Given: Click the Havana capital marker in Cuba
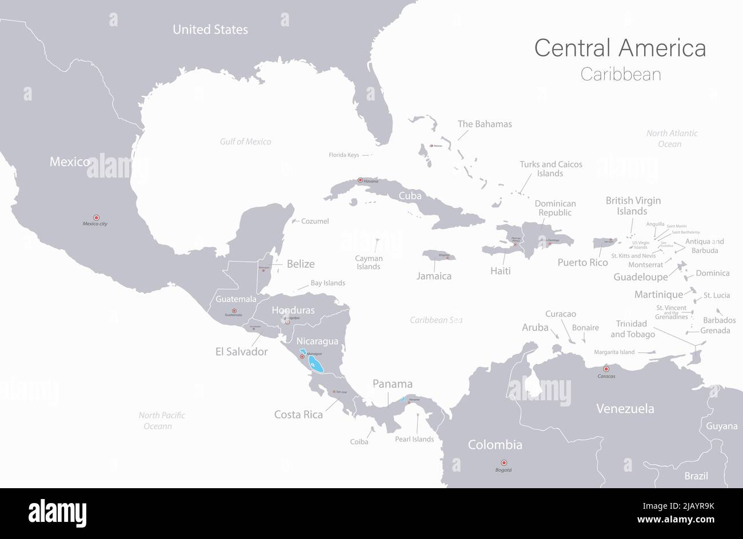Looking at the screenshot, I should [x=360, y=180].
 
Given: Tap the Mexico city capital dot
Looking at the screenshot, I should [x=96, y=218].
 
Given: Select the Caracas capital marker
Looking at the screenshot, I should [x=606, y=369].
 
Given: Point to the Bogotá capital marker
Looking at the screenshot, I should [x=504, y=462].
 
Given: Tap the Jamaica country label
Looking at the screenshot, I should [x=434, y=276].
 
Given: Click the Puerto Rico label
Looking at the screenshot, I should [x=582, y=263].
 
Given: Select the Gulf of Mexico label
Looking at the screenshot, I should [x=246, y=142].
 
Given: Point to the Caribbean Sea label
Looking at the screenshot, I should [x=436, y=320].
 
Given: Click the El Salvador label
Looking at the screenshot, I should [x=241, y=352].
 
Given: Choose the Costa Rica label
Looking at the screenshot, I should [x=298, y=415].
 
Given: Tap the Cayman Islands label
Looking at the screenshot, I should [x=369, y=263].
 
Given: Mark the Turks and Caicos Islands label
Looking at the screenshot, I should [x=551, y=168].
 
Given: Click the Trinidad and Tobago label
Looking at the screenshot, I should [x=632, y=329].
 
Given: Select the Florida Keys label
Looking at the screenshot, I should [x=343, y=155].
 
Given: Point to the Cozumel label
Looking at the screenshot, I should [x=315, y=221].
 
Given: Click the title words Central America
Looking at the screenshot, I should [x=620, y=48].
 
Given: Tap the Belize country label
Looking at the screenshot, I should [x=301, y=264].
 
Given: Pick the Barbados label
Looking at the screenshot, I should [x=719, y=320].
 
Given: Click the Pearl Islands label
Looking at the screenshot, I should [x=414, y=439].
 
